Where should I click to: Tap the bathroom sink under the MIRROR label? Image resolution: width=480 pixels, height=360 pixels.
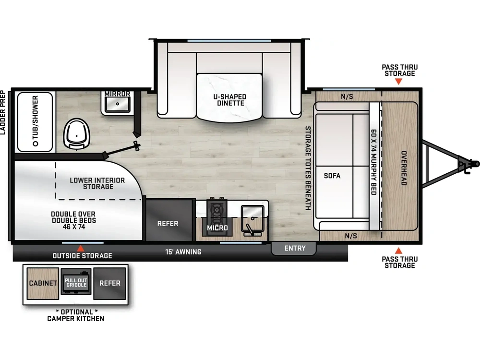[118, 104]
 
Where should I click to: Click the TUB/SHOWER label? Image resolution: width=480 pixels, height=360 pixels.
[35, 120]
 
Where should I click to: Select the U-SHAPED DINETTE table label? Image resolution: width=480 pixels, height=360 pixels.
[230, 100]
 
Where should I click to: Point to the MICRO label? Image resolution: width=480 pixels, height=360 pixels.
[217, 228]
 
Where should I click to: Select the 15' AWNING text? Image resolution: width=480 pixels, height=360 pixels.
[183, 252]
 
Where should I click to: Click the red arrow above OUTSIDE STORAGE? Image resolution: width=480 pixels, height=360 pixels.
[81, 248]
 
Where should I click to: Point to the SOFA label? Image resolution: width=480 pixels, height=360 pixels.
[332, 176]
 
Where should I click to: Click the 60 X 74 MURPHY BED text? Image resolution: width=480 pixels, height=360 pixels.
[374, 162]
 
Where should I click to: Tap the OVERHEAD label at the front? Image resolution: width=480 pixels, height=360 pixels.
[404, 168]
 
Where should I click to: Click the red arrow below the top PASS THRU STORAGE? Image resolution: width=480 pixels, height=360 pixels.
[398, 82]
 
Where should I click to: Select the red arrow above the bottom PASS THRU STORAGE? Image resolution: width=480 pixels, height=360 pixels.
[398, 251]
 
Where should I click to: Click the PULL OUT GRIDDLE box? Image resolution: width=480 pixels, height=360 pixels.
[76, 282]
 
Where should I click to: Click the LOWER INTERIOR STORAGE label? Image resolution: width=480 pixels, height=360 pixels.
[97, 183]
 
